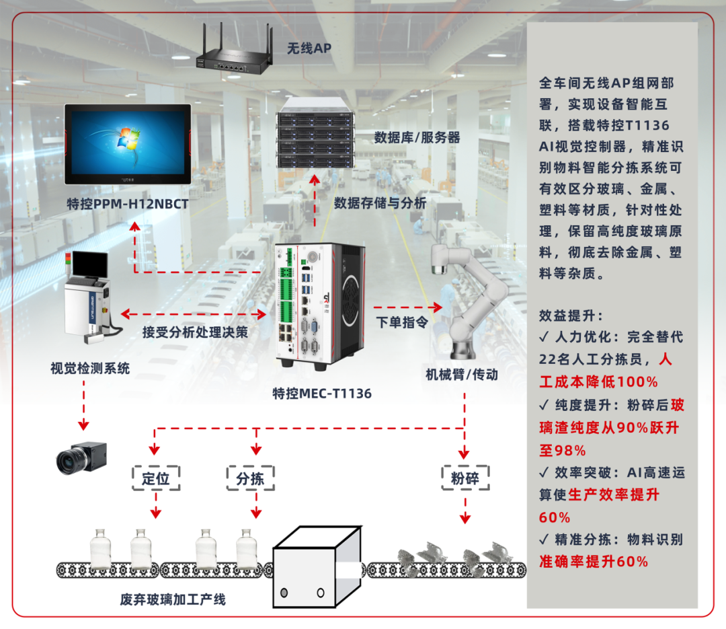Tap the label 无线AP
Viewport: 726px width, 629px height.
pyautogui.click(x=309, y=48)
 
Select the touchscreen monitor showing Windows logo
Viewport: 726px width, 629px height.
pyautogui.click(x=128, y=144)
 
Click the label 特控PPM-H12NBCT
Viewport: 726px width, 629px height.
pyautogui.click(x=128, y=203)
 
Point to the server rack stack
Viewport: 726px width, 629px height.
pyautogui.click(x=315, y=133)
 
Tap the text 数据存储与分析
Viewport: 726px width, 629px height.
pyautogui.click(x=380, y=202)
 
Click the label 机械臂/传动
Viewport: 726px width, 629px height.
pyautogui.click(x=462, y=375)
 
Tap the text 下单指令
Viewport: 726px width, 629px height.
pyautogui.click(x=401, y=323)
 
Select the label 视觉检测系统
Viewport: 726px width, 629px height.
pyautogui.click(x=90, y=368)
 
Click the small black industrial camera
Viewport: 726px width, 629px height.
pyautogui.click(x=81, y=457)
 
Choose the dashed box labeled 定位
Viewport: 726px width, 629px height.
pyautogui.click(x=155, y=478)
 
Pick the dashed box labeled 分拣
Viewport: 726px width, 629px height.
pyautogui.click(x=250, y=478)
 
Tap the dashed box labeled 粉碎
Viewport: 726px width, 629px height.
pyautogui.click(x=465, y=478)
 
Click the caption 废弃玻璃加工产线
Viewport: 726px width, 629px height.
pyautogui.click(x=173, y=599)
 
